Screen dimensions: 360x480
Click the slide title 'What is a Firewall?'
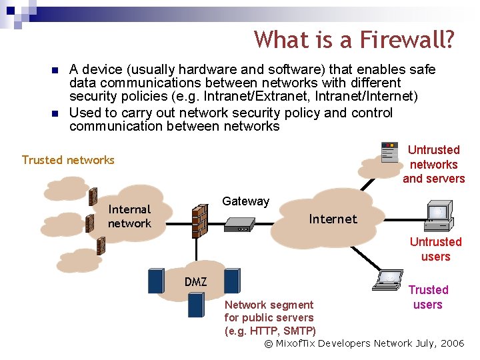tap(354, 40)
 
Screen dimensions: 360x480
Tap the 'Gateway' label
tap(245, 201)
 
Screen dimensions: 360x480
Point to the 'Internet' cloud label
tap(333, 219)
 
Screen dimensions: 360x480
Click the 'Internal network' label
tap(129, 217)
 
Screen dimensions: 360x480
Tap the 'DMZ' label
tap(195, 282)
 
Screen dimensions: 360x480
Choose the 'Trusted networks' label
tap(68, 160)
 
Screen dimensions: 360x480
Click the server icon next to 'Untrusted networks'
tap(389, 153)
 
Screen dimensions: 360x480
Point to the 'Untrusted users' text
tap(435, 249)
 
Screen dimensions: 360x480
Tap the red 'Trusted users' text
tap(428, 297)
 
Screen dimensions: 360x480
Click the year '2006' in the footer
tap(452, 343)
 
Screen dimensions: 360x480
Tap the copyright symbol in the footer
tap(269, 344)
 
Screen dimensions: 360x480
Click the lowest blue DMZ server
tap(195, 305)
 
